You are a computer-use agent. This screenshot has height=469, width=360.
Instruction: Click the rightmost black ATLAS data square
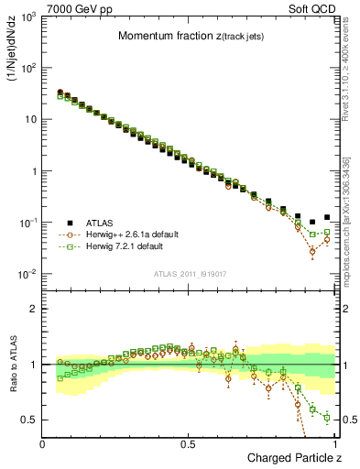pos(327,217)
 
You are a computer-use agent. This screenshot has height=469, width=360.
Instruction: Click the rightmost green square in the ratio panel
pos(327,418)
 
